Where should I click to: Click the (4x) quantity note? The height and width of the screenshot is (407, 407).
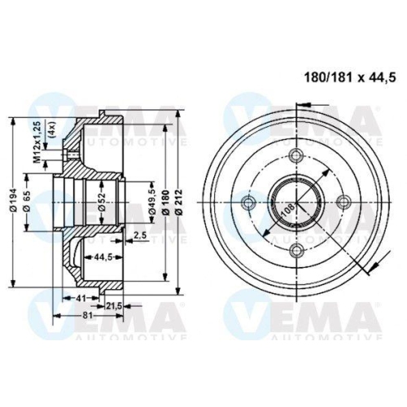[50, 130]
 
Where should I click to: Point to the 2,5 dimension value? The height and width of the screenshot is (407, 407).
[140, 235]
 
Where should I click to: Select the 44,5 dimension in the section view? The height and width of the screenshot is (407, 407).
[102, 256]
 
